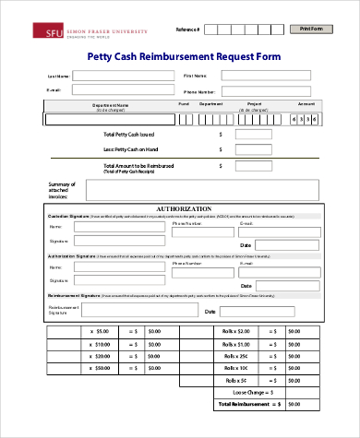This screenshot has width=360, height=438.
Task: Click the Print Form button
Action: pos(312,30)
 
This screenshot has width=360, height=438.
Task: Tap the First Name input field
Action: pos(270,75)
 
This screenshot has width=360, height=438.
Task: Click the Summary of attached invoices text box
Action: pos(204,190)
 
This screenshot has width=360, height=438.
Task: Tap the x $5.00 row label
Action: pos(99,330)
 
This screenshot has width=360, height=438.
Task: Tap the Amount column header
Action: pos(306,104)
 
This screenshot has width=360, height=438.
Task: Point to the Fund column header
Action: pos(183,104)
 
